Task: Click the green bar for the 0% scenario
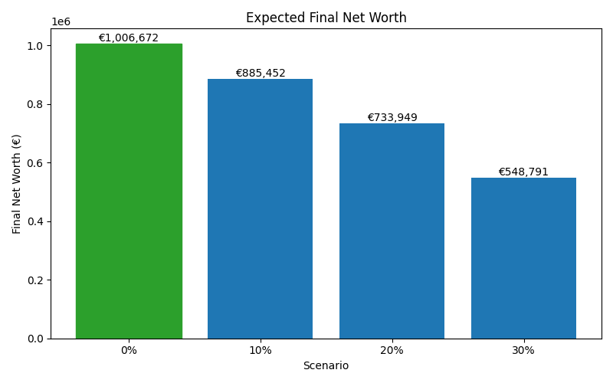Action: [129, 191]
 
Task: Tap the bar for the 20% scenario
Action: [392, 231]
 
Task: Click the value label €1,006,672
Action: [129, 38]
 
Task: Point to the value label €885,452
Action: [260, 73]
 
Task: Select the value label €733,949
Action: [392, 117]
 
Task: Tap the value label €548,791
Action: [523, 172]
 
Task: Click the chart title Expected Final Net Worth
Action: [326, 18]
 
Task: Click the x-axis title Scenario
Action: [326, 366]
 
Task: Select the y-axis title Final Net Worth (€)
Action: [17, 184]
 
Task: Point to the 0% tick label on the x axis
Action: [129, 350]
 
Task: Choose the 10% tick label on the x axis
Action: [260, 350]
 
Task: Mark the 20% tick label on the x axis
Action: [392, 350]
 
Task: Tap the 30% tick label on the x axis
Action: [523, 350]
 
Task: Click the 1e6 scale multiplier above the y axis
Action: [61, 21]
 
